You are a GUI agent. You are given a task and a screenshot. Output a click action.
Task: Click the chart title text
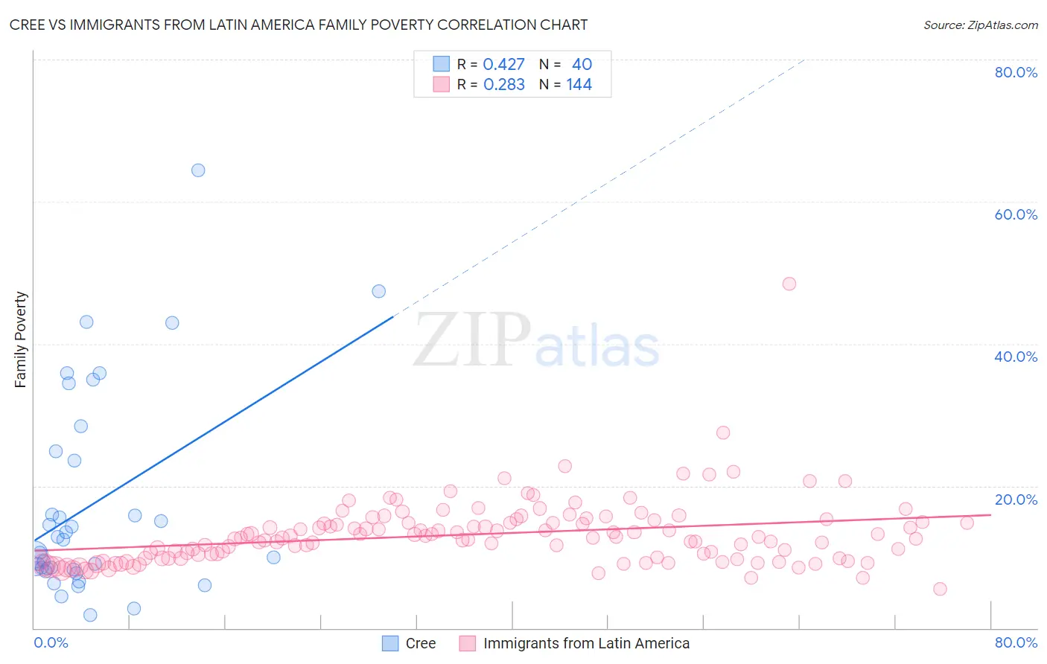[298, 25]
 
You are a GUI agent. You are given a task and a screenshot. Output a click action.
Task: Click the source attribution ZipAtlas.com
[980, 25]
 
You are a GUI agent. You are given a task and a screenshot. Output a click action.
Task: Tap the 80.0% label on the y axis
[1016, 72]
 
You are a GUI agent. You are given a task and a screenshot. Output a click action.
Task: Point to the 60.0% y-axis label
[1016, 214]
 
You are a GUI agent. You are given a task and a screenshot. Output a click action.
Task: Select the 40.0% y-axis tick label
[1016, 357]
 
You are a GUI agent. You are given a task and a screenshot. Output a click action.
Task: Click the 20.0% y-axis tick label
[1016, 499]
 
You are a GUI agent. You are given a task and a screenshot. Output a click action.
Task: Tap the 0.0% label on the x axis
[51, 642]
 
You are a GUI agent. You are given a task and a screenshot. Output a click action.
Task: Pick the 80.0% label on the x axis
[1016, 642]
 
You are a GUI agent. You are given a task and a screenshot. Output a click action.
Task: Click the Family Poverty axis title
[21, 339]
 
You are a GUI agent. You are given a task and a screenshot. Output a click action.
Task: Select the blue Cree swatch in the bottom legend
[390, 643]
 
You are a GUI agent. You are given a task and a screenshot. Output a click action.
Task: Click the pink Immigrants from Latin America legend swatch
[468, 643]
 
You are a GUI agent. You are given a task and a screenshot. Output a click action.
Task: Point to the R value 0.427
[504, 65]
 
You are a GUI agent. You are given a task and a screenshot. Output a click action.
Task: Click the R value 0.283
[504, 85]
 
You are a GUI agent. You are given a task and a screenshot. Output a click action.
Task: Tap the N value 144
[579, 85]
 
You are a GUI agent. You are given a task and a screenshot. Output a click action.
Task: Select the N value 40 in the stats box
[582, 65]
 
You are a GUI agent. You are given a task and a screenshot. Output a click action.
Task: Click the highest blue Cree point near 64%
[198, 170]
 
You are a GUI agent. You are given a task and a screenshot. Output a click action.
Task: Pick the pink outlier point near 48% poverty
[789, 284]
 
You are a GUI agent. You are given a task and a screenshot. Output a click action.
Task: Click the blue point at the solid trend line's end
[379, 291]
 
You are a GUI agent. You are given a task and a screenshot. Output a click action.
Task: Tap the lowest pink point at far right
[940, 589]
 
